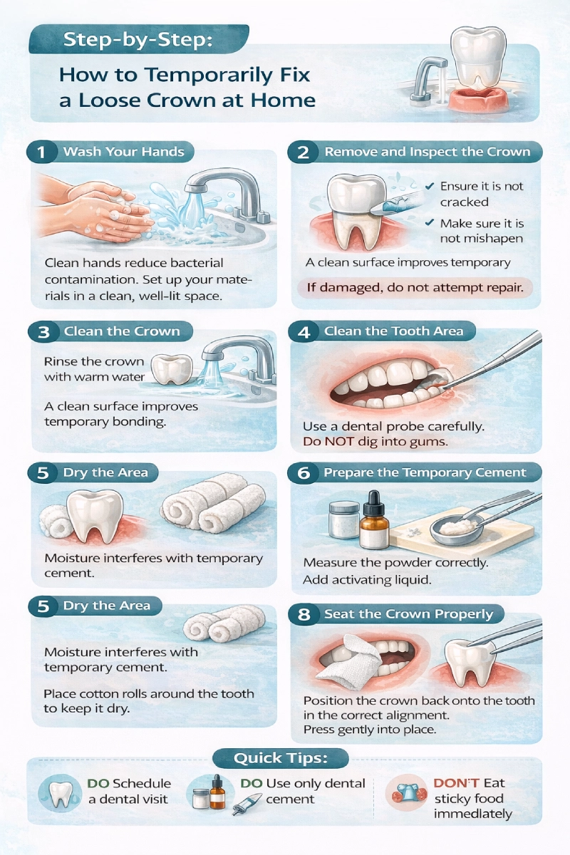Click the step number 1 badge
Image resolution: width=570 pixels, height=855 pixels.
[x=42, y=152]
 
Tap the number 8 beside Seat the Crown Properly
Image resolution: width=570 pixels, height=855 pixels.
[x=304, y=614]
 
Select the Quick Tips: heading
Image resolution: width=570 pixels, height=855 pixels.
[x=281, y=757]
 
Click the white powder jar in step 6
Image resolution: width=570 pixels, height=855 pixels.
[x=344, y=520]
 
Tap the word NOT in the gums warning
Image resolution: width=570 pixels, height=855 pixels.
[x=339, y=442]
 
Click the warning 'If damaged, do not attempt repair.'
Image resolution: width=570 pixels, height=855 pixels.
[x=415, y=287]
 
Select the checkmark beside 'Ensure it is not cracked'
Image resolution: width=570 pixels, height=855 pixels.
[x=430, y=186]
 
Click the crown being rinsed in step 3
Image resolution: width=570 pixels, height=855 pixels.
[x=172, y=368]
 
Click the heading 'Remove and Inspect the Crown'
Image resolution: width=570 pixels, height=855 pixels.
[x=427, y=152]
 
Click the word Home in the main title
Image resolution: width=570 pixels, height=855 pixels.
[x=283, y=100]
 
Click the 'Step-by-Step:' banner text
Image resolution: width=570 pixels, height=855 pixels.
[x=138, y=40]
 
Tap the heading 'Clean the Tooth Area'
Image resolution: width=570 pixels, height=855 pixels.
[x=393, y=331]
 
